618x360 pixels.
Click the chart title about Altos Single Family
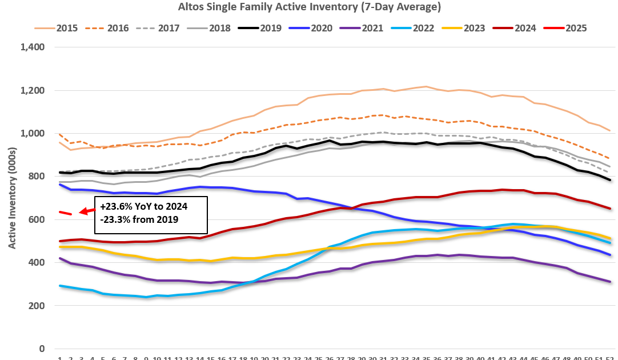click(308, 7)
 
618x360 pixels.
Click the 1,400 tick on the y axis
click(33, 47)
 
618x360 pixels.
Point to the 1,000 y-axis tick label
click(33, 134)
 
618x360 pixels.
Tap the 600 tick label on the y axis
click(38, 219)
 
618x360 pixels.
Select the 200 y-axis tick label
click(38, 306)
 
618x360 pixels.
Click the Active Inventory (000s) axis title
click(13, 198)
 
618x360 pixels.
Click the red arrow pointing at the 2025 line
click(87, 211)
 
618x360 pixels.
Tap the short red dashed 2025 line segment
click(65, 213)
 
